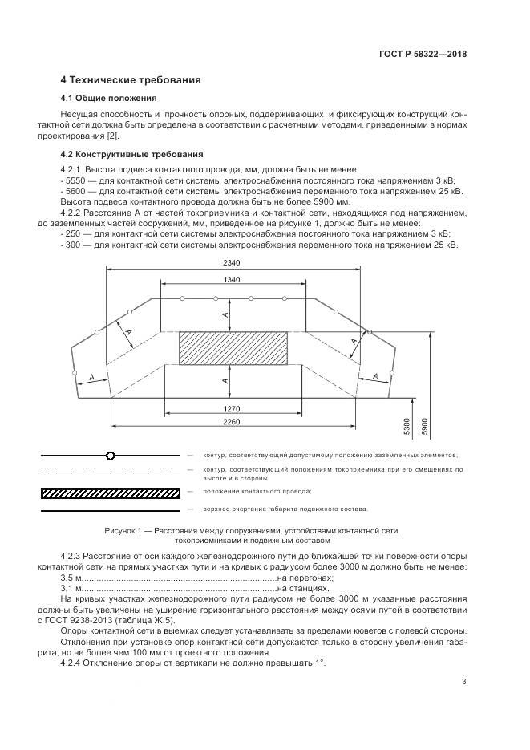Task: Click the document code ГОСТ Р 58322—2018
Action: [x=423, y=55]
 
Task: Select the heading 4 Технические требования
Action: [x=131, y=80]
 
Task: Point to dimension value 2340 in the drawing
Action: [x=233, y=262]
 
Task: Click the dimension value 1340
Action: [x=233, y=278]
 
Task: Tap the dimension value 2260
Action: [x=233, y=421]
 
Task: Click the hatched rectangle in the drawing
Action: [x=233, y=350]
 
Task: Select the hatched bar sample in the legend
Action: [x=110, y=492]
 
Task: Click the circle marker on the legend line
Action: [x=110, y=456]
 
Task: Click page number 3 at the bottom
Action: [x=463, y=682]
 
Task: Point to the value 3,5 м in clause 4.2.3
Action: [x=72, y=578]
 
